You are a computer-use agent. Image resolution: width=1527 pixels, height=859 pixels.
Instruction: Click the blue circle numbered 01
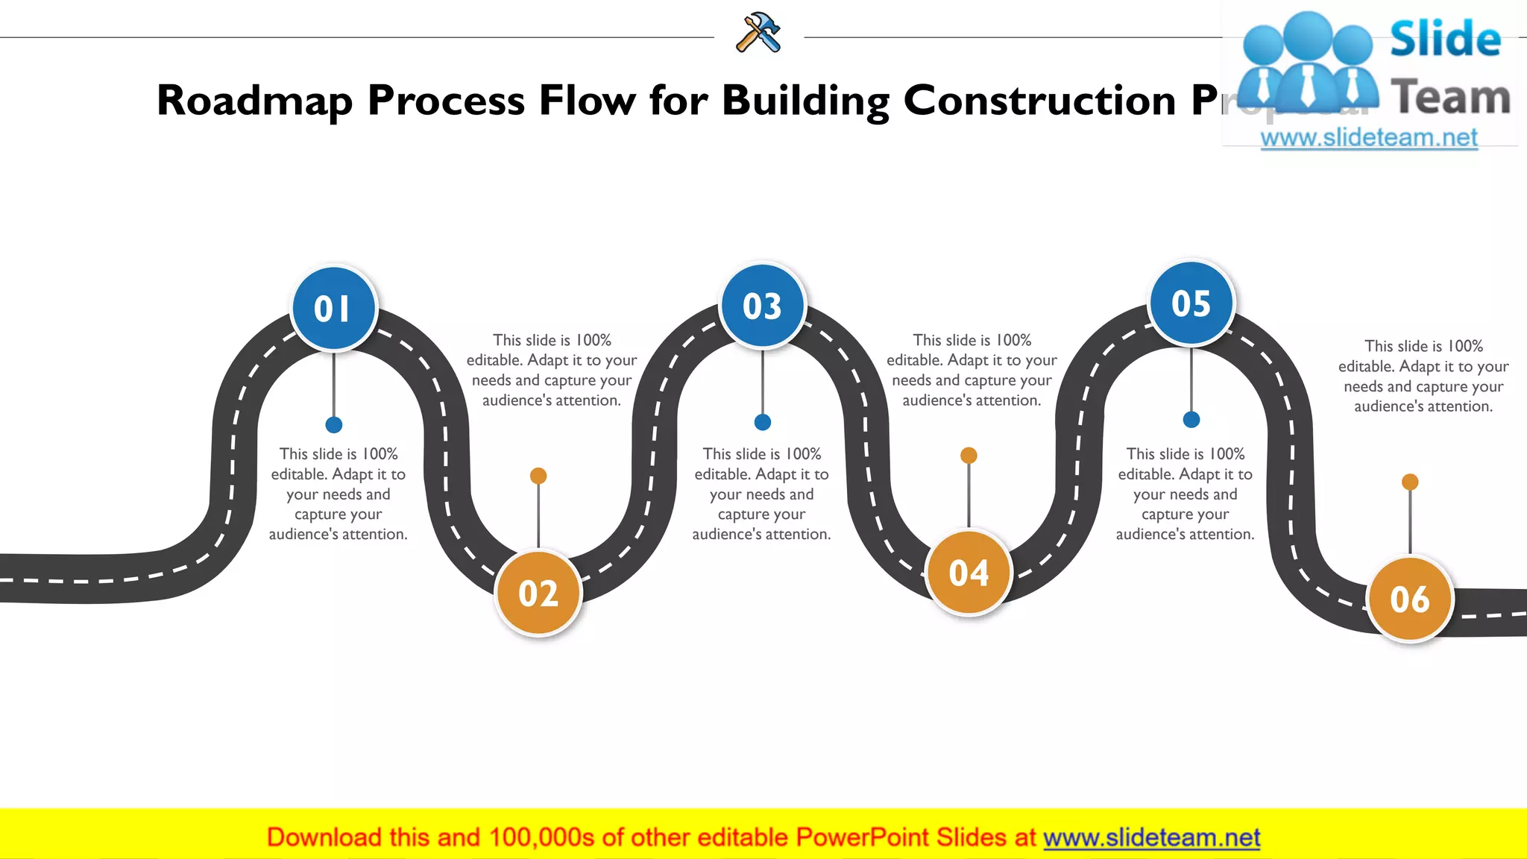click(333, 309)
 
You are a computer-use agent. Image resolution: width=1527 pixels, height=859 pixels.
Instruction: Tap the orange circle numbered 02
click(538, 594)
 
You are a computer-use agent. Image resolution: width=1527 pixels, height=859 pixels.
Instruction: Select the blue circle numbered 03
click(762, 306)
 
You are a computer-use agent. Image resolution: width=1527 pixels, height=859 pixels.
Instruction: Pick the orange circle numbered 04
click(969, 573)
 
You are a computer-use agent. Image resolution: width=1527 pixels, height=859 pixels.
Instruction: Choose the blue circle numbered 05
click(1191, 303)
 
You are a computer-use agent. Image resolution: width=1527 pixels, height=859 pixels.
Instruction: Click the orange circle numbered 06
click(1409, 599)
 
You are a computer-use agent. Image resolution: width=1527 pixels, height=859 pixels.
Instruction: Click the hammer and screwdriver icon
click(758, 33)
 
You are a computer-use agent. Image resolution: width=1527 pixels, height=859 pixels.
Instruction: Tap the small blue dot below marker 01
click(334, 425)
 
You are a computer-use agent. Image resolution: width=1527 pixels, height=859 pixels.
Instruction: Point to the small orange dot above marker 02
click(538, 476)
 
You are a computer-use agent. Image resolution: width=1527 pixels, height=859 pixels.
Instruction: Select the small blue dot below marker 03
click(762, 422)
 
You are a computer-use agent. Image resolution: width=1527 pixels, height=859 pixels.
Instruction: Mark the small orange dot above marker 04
click(969, 455)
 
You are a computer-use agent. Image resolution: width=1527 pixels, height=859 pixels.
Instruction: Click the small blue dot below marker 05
click(1191, 420)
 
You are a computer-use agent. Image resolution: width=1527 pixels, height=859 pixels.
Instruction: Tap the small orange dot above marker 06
click(1410, 482)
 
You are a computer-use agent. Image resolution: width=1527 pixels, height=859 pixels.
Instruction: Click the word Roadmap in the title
click(254, 101)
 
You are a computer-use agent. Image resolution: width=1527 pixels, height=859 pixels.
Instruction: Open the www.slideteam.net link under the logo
click(1369, 138)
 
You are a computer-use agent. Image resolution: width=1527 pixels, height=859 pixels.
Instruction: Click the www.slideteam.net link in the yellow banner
click(1151, 838)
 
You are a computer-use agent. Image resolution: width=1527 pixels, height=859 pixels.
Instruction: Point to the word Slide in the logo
click(1445, 39)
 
